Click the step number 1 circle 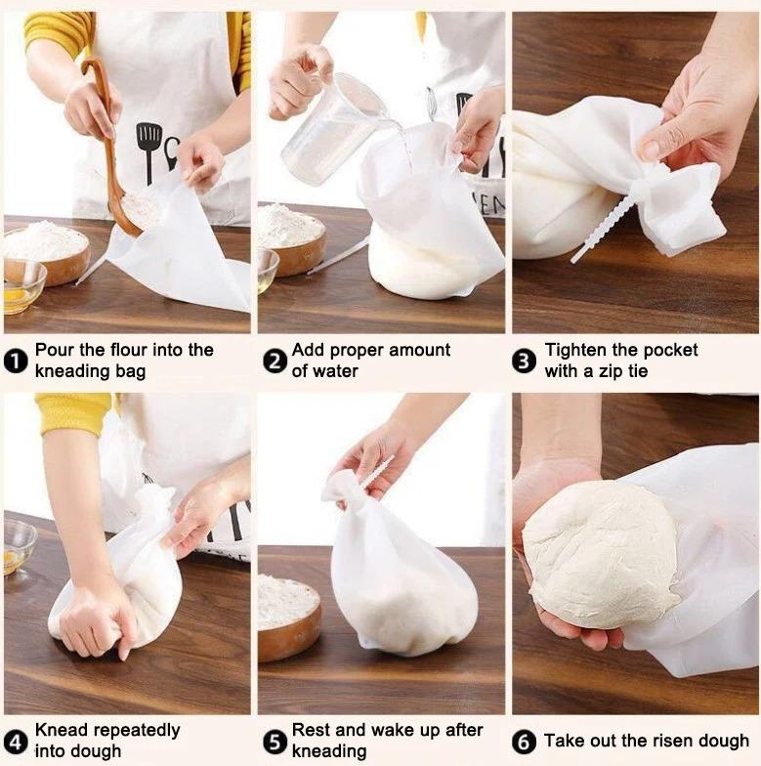pyautogui.click(x=16, y=362)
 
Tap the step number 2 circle pyautogui.click(x=274, y=362)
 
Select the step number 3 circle pyautogui.click(x=525, y=362)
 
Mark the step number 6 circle pyautogui.click(x=525, y=742)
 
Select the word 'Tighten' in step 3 pyautogui.click(x=576, y=350)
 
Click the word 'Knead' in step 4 pyautogui.click(x=60, y=730)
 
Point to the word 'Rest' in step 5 pyautogui.click(x=312, y=730)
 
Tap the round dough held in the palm pyautogui.click(x=598, y=552)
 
